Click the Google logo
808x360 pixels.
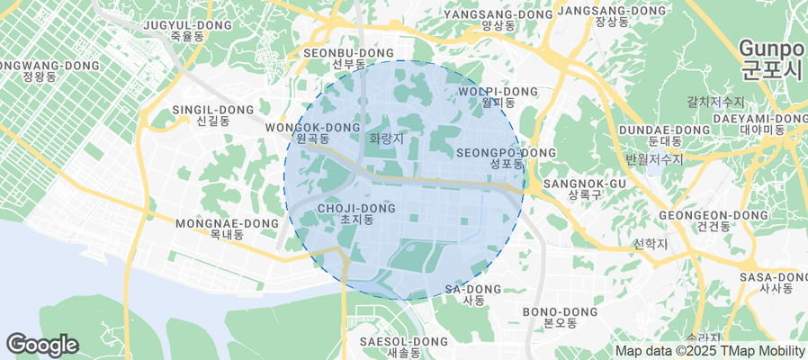coord(42,345)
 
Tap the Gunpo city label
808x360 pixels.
coord(772,58)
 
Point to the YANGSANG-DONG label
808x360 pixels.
coord(498,20)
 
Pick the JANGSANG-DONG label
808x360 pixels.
coord(611,16)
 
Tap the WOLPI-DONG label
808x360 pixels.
coord(498,97)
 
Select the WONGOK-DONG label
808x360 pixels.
coord(312,133)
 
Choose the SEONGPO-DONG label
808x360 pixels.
coord(506,158)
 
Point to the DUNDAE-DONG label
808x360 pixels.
coord(664,135)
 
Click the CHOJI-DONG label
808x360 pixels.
coord(357,213)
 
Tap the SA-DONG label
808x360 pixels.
coord(473,294)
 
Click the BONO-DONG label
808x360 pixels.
coord(561,317)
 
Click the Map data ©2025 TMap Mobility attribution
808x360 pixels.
coord(710,351)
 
